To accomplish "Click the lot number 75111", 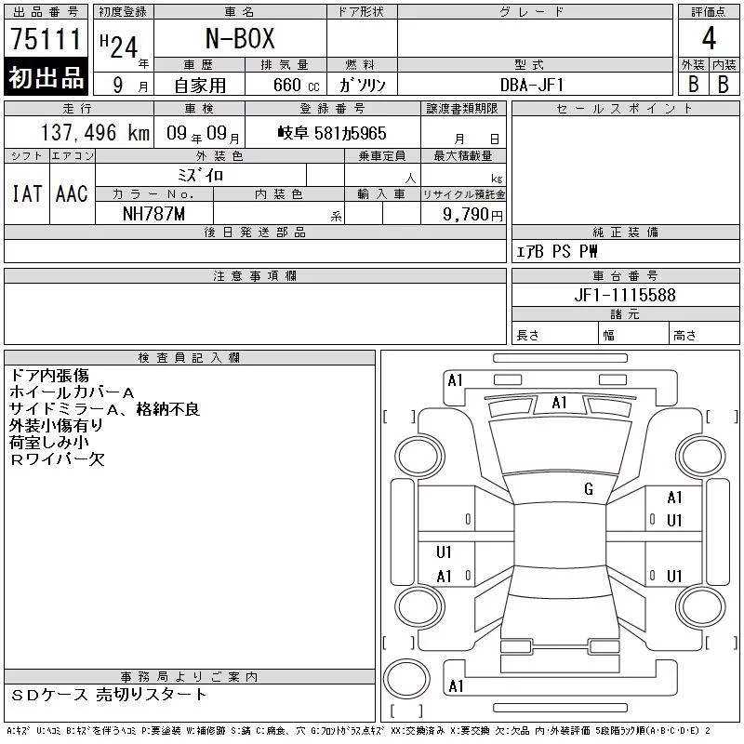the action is (x=46, y=38).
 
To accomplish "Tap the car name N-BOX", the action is (x=240, y=38).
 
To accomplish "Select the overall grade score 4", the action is (x=709, y=38).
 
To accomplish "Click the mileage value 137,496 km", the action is (x=96, y=133).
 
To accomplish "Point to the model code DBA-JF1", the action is (x=532, y=86).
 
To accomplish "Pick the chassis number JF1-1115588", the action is (x=625, y=295).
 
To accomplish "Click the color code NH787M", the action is (x=153, y=214).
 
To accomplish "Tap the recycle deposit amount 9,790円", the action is (x=472, y=215).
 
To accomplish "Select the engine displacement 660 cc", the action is (x=297, y=86).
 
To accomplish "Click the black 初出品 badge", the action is (x=46, y=76).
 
